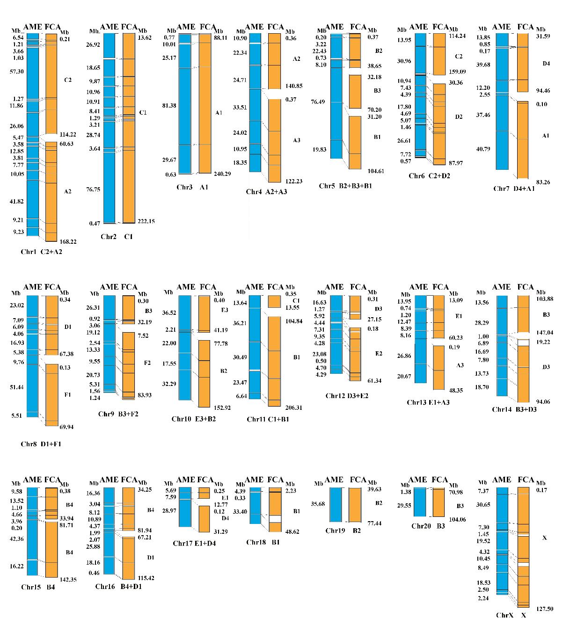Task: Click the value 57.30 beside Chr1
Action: click(x=18, y=71)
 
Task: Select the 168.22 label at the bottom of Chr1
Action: click(x=68, y=242)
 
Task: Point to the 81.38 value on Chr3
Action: click(x=169, y=106)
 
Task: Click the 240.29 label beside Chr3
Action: click(x=222, y=174)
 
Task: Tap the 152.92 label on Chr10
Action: click(x=222, y=407)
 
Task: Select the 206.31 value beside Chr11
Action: click(x=293, y=407)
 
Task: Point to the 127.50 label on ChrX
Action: click(x=545, y=609)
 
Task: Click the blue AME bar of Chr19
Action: click(x=336, y=504)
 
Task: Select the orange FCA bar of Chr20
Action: click(x=439, y=502)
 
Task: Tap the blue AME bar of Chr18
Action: click(x=255, y=506)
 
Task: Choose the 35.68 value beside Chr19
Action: click(x=318, y=504)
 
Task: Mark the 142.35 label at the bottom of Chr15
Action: click(x=68, y=580)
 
